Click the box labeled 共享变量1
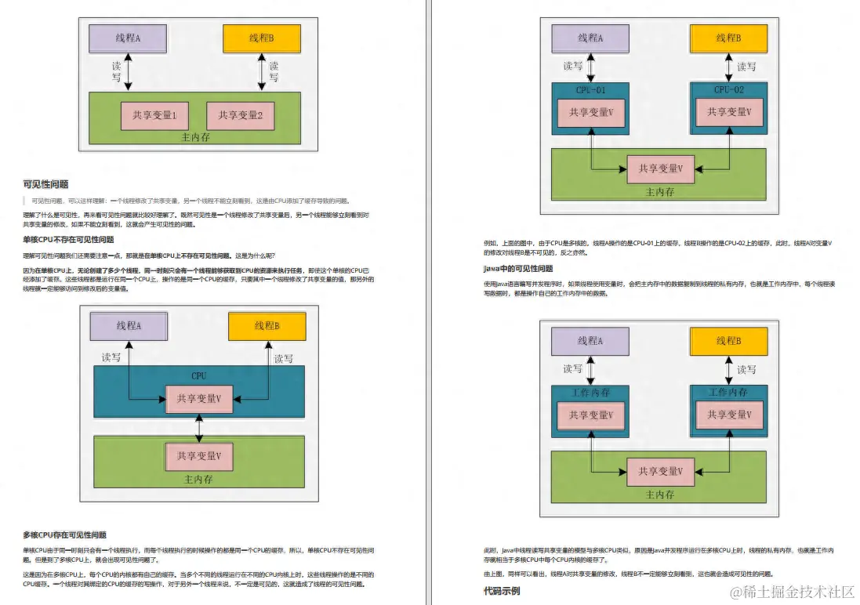(154, 115)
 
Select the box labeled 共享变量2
(241, 115)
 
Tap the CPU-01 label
(590, 90)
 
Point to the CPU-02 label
(728, 90)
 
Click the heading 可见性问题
(45, 184)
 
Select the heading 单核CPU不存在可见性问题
(68, 240)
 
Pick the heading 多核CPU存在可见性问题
(64, 534)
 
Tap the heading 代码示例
(502, 591)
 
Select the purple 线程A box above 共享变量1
(129, 38)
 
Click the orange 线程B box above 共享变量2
(262, 38)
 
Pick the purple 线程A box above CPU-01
(590, 38)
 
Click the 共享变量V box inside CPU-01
(590, 113)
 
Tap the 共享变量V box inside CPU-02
(728, 113)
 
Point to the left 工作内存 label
(590, 393)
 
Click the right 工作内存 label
(728, 393)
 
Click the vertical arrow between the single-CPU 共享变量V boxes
(199, 428)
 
